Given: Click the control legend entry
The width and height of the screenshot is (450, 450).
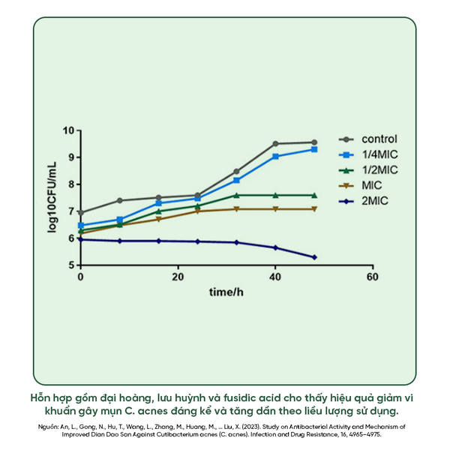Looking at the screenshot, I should click(368, 139).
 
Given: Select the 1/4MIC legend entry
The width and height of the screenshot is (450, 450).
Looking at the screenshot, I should click(368, 154).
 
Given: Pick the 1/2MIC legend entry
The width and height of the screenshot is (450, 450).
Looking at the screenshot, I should click(368, 170).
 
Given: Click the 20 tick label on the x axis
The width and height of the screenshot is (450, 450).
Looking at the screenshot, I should click(178, 277).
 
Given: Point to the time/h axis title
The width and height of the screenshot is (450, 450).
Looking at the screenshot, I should click(226, 292).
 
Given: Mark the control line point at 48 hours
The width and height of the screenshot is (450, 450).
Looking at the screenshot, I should click(314, 142).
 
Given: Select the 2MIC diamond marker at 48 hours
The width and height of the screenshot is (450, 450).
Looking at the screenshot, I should click(314, 257).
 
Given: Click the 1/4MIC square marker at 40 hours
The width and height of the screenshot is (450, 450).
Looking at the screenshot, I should click(275, 156).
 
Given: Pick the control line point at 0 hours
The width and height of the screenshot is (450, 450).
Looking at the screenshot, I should click(81, 213).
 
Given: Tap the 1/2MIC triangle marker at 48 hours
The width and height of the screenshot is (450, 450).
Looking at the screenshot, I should click(314, 195).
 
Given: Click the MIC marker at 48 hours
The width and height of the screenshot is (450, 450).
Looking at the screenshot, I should click(314, 209).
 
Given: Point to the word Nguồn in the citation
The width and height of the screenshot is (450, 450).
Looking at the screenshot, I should click(46, 425).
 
